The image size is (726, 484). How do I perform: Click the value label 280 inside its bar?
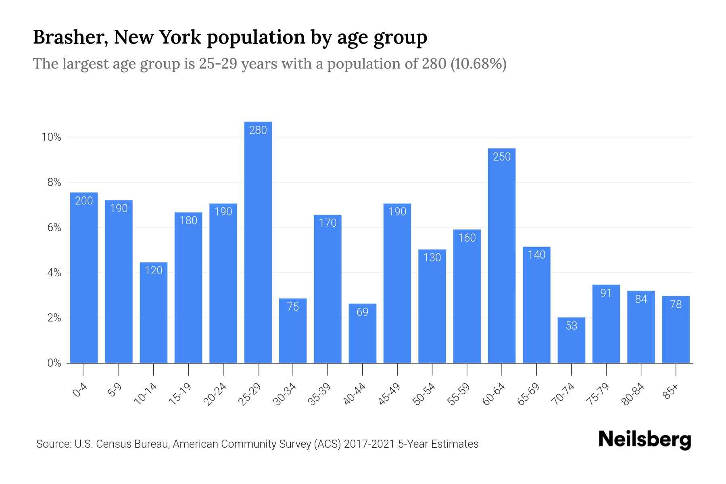[x=258, y=130]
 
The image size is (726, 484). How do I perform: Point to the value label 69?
[x=362, y=312]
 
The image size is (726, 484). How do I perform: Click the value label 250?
[x=501, y=157]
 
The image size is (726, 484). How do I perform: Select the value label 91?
[x=606, y=293]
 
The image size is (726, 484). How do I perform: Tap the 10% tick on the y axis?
[x=51, y=138]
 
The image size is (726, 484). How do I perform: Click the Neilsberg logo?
[x=645, y=440]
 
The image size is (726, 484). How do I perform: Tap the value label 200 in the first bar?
[x=84, y=201]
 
